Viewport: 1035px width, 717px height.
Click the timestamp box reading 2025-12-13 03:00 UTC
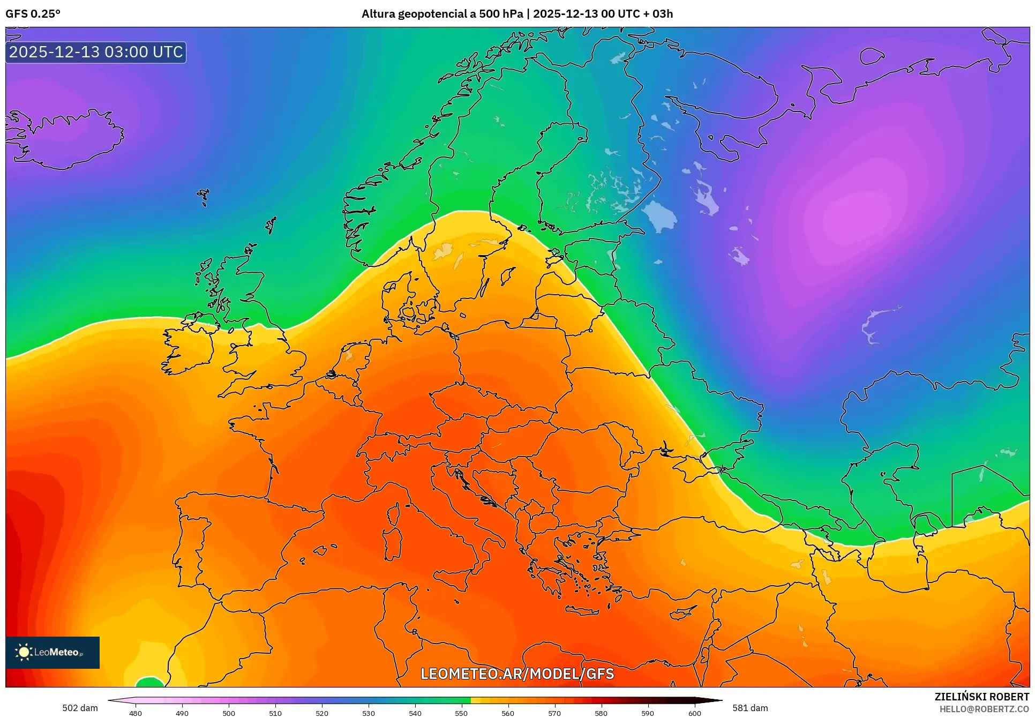[96, 53]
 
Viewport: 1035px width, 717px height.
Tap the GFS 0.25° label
[33, 14]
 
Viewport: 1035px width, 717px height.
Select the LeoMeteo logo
[52, 652]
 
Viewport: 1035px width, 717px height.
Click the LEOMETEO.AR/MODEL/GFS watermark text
[517, 674]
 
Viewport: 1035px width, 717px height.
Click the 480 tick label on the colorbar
[136, 713]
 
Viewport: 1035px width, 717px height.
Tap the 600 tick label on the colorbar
[694, 713]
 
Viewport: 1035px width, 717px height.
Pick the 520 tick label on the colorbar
[322, 713]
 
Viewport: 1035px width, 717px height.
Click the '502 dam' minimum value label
[80, 708]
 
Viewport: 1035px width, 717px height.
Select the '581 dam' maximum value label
[750, 708]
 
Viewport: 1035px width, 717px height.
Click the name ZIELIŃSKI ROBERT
[981, 697]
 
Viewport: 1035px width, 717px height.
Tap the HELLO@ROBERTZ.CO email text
[984, 709]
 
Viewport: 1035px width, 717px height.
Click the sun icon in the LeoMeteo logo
[24, 652]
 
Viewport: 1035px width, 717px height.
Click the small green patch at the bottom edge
[149, 682]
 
